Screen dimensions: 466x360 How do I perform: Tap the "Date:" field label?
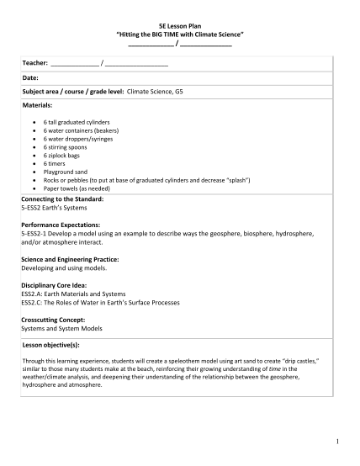coord(30,77)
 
